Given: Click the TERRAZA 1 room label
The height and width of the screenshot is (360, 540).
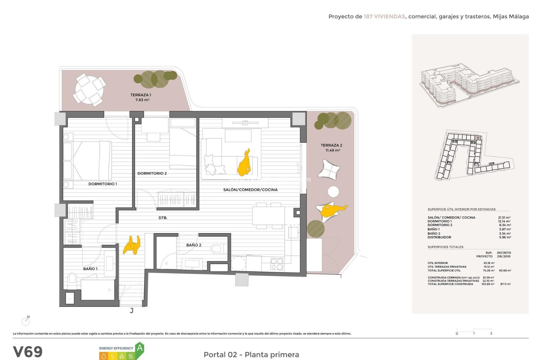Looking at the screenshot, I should (x=141, y=95).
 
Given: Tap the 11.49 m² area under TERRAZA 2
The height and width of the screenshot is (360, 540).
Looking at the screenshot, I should (x=333, y=150).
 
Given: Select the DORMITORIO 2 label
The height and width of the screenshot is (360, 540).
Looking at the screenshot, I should (x=152, y=173).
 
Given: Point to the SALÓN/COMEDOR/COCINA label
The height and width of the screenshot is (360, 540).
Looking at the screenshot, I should (x=250, y=190).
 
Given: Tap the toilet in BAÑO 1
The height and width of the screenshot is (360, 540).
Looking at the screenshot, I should (x=72, y=279).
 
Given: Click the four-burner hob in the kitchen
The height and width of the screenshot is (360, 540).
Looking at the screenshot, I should (x=276, y=264).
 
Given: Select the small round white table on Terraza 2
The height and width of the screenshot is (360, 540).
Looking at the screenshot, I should (x=333, y=192).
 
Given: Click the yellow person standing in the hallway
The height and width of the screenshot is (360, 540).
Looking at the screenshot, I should (x=132, y=245).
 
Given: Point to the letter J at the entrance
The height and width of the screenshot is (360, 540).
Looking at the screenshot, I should (x=132, y=310).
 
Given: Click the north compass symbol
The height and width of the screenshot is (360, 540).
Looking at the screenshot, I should (x=26, y=321).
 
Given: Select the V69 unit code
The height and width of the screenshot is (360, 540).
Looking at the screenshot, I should (x=28, y=352).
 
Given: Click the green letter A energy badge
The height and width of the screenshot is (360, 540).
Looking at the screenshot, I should (x=139, y=348).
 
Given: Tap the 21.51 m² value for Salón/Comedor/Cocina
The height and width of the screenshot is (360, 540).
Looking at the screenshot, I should (x=504, y=217).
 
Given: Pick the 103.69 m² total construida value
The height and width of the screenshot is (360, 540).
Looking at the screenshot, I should (x=488, y=284).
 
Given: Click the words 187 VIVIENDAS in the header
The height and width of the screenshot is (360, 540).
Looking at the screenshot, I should (x=384, y=17).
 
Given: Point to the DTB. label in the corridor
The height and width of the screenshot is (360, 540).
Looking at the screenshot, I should (x=163, y=218).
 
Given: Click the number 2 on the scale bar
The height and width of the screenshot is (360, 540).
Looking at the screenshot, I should (x=491, y=333).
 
